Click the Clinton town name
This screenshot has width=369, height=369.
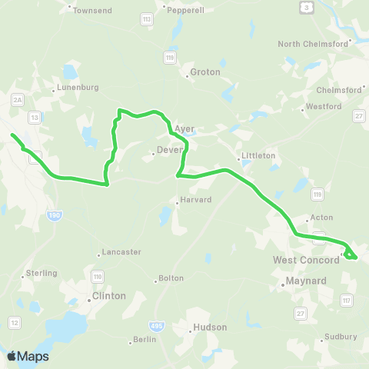(108, 296)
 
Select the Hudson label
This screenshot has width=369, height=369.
(211, 327)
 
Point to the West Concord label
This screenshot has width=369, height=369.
(306, 260)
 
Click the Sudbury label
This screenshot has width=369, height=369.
(341, 337)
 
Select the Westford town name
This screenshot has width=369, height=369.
(323, 106)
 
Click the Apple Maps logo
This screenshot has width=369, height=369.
(28, 356)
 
